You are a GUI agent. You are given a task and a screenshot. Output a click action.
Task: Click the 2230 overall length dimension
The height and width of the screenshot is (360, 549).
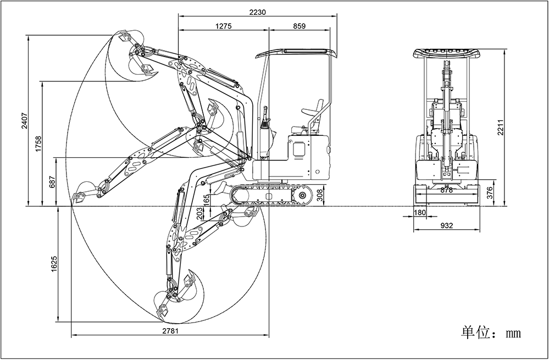pyautogui.click(x=258, y=12)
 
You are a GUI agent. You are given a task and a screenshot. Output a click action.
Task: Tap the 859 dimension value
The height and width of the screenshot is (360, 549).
pyautogui.click(x=299, y=26)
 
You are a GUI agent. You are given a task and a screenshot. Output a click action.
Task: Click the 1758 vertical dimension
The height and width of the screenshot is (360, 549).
pyautogui.click(x=38, y=145)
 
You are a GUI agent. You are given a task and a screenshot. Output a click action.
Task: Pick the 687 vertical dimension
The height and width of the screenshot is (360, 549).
pyautogui.click(x=52, y=182)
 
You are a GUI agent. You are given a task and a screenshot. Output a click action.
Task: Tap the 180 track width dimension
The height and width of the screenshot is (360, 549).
pyautogui.click(x=419, y=213)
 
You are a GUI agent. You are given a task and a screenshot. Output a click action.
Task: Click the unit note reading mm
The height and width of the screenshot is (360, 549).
pyautogui.click(x=491, y=333)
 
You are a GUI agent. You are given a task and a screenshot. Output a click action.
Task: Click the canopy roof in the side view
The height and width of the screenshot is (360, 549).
pyautogui.click(x=295, y=53)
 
